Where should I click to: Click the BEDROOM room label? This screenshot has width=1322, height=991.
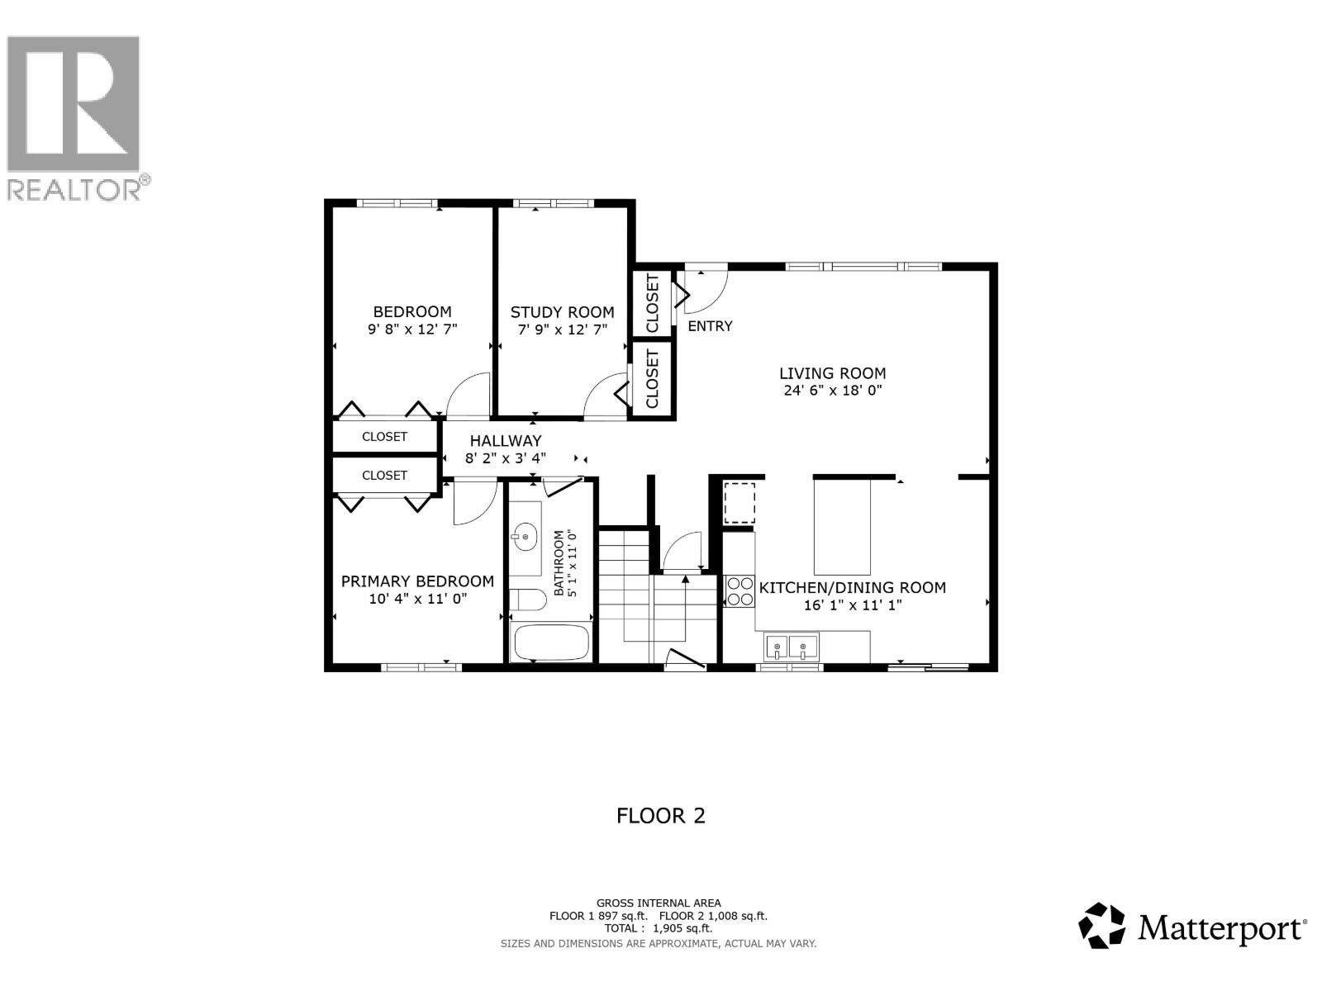click(412, 311)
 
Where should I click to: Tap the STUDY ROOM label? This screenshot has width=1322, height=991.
click(562, 312)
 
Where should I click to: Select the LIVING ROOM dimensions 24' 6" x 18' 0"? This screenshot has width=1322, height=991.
click(833, 391)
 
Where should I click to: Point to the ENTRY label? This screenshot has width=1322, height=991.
click(710, 326)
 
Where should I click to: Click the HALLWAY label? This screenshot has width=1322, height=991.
click(506, 441)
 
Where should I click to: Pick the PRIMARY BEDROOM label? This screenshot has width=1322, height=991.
click(417, 581)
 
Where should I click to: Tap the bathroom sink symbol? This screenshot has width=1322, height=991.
click(524, 538)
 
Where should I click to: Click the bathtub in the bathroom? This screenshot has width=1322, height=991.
click(550, 642)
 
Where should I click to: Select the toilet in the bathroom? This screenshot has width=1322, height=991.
click(525, 600)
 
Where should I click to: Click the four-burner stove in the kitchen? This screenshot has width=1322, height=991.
click(739, 591)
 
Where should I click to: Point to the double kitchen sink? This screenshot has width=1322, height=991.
click(791, 647)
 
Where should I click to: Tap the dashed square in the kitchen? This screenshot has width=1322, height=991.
click(739, 503)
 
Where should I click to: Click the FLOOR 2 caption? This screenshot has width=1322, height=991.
click(661, 816)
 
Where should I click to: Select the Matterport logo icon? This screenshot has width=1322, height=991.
click(1102, 926)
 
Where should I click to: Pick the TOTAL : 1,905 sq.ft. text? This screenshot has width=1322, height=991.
click(659, 928)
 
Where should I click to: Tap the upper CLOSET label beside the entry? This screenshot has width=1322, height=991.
click(653, 304)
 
